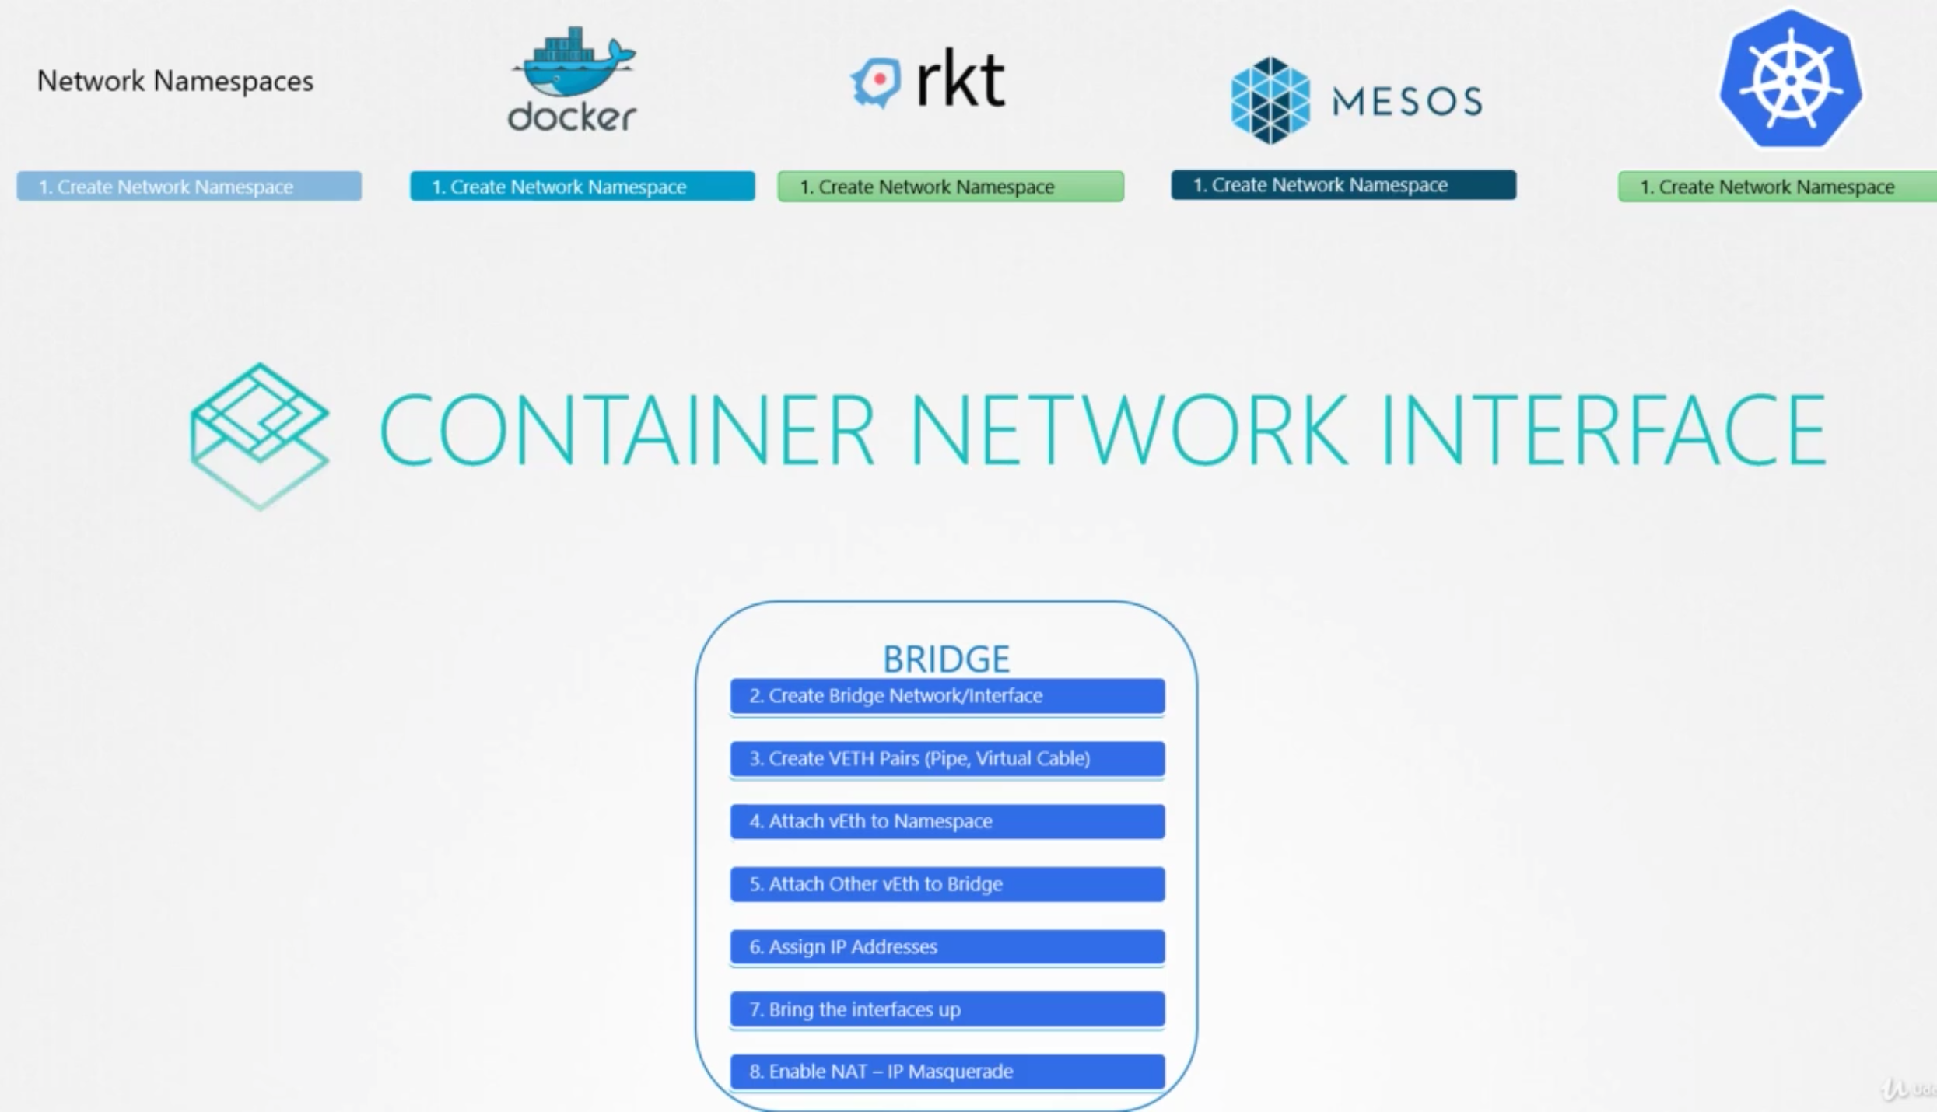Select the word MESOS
point(1406,101)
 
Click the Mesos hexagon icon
point(1270,100)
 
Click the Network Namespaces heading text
point(175,81)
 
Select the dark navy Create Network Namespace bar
point(1343,185)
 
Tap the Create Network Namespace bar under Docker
point(582,187)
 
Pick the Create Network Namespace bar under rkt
point(951,187)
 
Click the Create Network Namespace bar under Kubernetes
point(1777,187)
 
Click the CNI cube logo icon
point(260,435)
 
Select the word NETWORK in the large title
point(1129,430)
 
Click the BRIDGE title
point(946,659)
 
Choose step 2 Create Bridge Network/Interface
point(947,696)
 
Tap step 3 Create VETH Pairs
point(947,759)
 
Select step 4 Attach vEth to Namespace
point(947,821)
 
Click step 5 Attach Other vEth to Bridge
point(947,884)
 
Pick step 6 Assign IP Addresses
point(947,947)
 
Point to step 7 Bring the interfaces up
point(947,1009)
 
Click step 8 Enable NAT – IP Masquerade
point(947,1072)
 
